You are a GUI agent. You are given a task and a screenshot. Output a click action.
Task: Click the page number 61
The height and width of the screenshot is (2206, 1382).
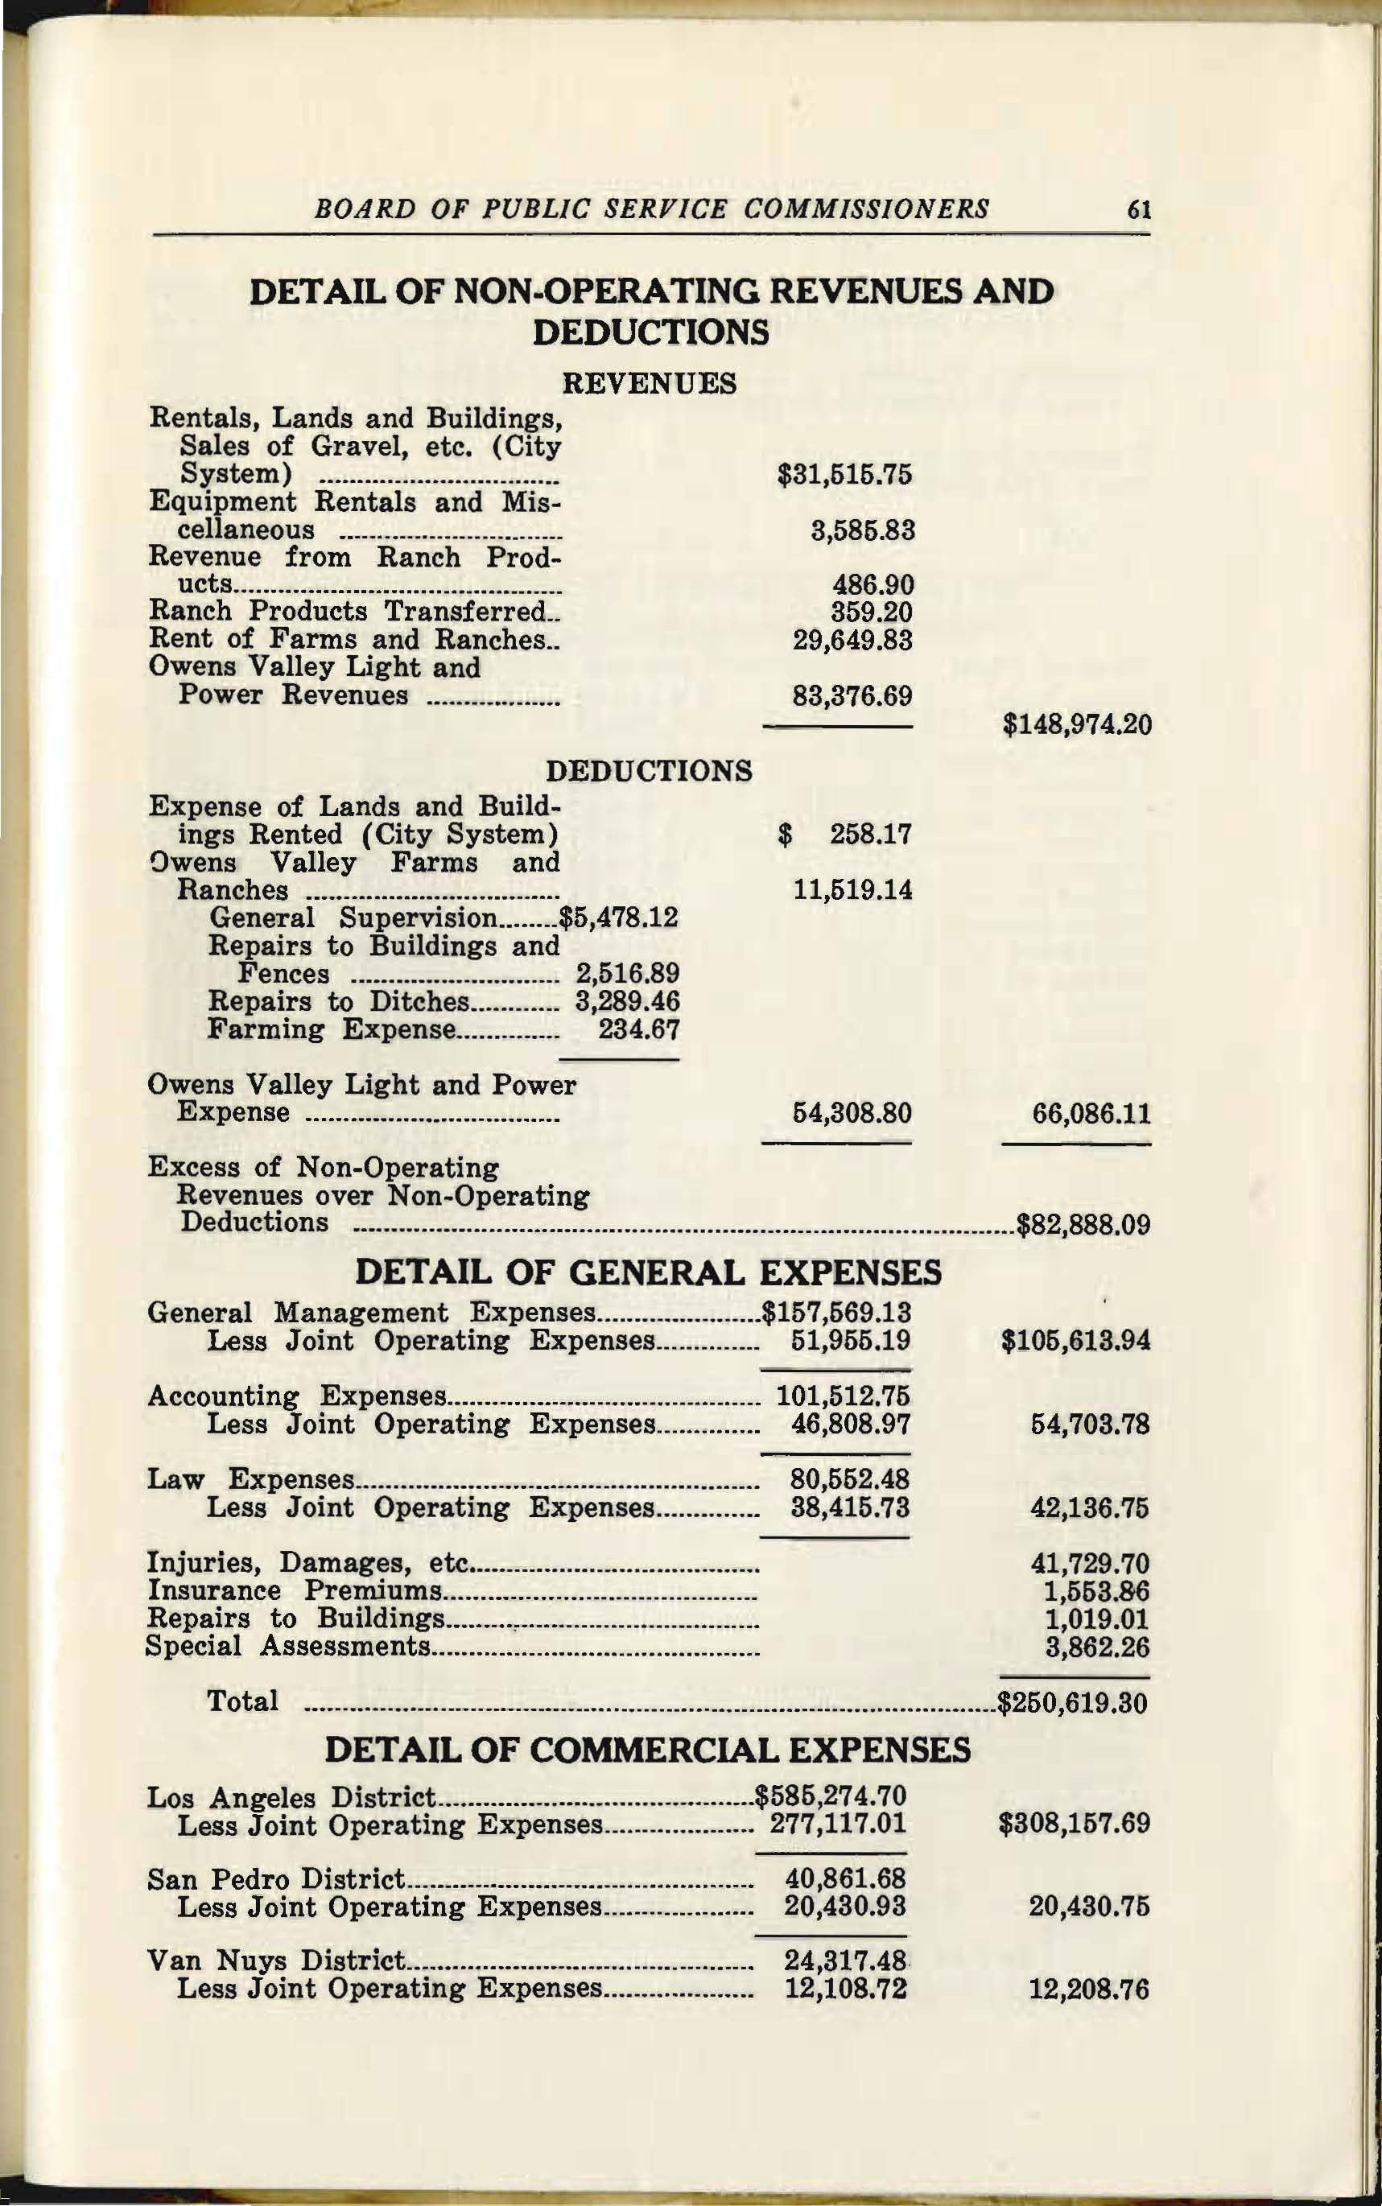pyautogui.click(x=1138, y=209)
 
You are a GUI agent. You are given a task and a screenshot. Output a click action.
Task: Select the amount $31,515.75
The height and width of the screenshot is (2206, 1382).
pyautogui.click(x=844, y=474)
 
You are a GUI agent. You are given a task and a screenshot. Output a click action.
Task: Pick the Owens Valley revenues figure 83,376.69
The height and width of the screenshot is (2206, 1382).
pyautogui.click(x=852, y=696)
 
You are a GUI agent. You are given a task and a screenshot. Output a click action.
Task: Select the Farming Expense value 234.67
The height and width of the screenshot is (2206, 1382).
pyautogui.click(x=638, y=1030)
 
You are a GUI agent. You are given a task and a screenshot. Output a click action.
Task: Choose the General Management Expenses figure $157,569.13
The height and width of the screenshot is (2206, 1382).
pyautogui.click(x=837, y=1313)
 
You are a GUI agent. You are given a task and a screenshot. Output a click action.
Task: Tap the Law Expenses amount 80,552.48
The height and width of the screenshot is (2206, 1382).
pyautogui.click(x=849, y=1478)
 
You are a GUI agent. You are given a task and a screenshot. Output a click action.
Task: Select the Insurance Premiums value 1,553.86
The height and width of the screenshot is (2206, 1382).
pyautogui.click(x=1096, y=1591)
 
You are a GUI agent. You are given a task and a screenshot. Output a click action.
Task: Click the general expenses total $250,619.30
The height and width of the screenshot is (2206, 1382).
pyautogui.click(x=1073, y=1702)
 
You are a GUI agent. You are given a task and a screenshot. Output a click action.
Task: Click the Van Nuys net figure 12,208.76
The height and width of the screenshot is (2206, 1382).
pyautogui.click(x=1088, y=1990)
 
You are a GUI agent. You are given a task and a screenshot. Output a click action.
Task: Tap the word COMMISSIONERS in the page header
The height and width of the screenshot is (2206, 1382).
pyautogui.click(x=865, y=209)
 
